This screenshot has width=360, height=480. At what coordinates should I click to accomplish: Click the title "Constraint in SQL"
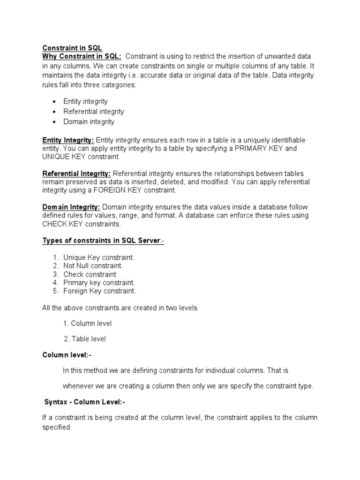[72, 48]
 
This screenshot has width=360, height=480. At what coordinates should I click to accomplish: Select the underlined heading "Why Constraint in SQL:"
[82, 57]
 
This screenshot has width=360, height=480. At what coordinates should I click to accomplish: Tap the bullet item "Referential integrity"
[94, 112]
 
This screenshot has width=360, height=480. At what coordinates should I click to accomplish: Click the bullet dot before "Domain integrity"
[54, 122]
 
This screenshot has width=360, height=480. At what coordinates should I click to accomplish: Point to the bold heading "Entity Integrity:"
[68, 140]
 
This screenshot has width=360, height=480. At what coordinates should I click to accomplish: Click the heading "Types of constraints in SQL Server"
[102, 240]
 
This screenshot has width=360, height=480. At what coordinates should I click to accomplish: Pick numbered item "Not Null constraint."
[93, 266]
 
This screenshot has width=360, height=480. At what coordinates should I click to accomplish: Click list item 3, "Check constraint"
[90, 274]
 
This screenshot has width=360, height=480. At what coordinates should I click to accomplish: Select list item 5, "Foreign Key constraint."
[100, 291]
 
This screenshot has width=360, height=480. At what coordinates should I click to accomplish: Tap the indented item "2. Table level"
[85, 339]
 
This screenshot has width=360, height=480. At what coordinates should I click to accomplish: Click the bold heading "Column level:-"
[67, 355]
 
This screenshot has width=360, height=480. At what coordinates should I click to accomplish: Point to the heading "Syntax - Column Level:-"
[85, 402]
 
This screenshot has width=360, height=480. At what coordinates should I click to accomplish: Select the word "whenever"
[78, 386]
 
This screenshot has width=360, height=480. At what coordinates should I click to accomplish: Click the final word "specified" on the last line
[56, 427]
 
